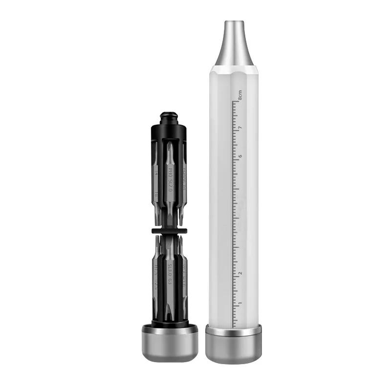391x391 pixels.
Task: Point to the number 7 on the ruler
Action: click(x=240, y=128)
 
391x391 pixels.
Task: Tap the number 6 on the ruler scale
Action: click(x=240, y=157)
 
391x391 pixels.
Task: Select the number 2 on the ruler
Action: click(x=240, y=273)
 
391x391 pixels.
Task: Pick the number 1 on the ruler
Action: click(x=240, y=303)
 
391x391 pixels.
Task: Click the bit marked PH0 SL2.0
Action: click(x=170, y=181)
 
